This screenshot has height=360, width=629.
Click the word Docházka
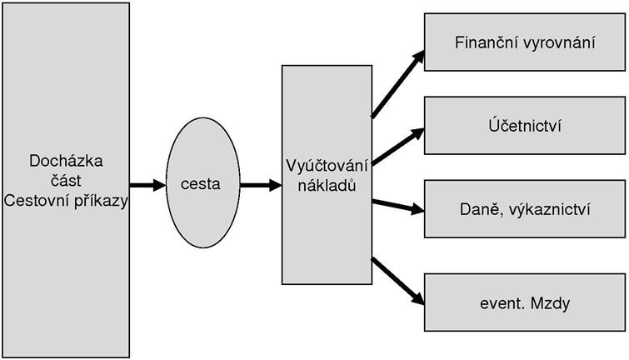[66, 161]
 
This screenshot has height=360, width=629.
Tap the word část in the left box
[66, 181]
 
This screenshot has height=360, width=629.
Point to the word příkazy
[101, 201]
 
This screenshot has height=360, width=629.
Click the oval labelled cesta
[203, 182]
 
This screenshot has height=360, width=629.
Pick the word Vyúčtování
[327, 166]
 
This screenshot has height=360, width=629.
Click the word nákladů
[327, 186]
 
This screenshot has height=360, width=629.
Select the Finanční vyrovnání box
[525, 42]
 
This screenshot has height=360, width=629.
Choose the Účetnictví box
[525, 125]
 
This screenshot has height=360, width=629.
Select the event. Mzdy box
[525, 302]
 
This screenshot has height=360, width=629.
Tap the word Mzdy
[550, 303]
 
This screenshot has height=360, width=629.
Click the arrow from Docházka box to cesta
[147, 185]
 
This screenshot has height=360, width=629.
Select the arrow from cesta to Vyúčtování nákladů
[261, 185]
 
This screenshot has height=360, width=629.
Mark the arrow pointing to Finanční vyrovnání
[398, 84]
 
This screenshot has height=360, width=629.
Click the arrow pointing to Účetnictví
[398, 147]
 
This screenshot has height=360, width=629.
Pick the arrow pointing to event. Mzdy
[398, 282]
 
